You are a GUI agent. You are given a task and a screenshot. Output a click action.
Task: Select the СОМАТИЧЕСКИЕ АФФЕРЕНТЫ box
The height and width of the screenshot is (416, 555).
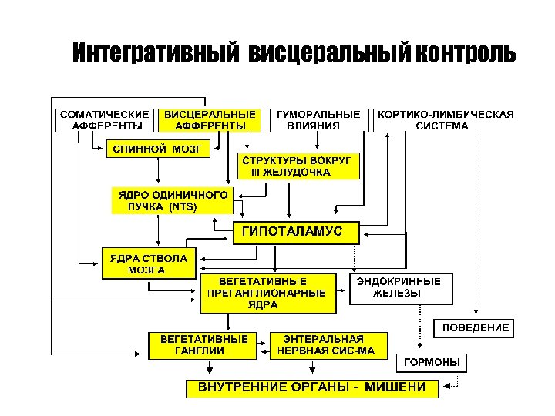(105, 119)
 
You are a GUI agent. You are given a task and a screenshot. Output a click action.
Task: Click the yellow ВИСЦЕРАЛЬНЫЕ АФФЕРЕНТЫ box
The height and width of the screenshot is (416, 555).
(210, 119)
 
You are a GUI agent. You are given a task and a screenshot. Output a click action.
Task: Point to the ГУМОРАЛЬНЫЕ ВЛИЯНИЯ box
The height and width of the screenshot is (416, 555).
(318, 119)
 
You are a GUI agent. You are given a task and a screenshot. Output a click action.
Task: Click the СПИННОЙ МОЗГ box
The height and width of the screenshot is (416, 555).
(157, 149)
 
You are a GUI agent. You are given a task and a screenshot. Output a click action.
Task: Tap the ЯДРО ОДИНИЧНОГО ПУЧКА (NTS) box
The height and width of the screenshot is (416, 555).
(172, 200)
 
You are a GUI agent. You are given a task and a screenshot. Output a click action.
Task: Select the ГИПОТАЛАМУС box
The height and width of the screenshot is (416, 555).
(297, 231)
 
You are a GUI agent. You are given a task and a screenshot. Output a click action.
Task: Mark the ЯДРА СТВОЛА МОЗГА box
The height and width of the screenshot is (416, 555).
(149, 263)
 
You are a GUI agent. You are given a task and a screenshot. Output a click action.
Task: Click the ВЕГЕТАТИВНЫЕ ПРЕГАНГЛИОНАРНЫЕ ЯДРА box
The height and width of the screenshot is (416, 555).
(268, 293)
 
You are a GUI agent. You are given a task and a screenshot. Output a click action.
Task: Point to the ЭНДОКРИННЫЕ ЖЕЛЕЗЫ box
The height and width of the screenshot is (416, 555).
(402, 287)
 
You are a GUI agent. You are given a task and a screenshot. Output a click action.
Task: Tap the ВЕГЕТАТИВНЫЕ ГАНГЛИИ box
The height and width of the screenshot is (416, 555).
(203, 344)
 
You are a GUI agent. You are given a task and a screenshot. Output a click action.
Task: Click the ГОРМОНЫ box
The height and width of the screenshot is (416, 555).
(432, 362)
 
